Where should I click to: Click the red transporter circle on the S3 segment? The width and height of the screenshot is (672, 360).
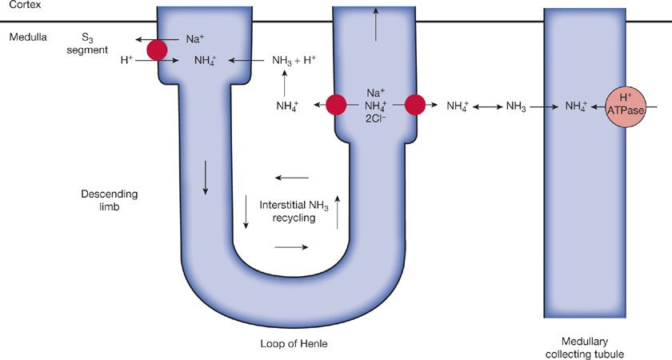pos(158,50)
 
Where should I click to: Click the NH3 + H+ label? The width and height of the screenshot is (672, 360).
pos(294,60)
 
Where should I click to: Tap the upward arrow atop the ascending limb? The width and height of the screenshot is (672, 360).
pos(375,27)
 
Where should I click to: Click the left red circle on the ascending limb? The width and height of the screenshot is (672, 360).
pos(335,105)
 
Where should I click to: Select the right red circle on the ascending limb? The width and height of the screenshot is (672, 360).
pos(414,105)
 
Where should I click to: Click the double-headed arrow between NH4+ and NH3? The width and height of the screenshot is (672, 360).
pos(487,106)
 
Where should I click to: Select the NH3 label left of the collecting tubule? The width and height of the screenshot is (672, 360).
pos(516,106)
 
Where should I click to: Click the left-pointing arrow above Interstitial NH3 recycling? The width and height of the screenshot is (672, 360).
pos(291,178)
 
